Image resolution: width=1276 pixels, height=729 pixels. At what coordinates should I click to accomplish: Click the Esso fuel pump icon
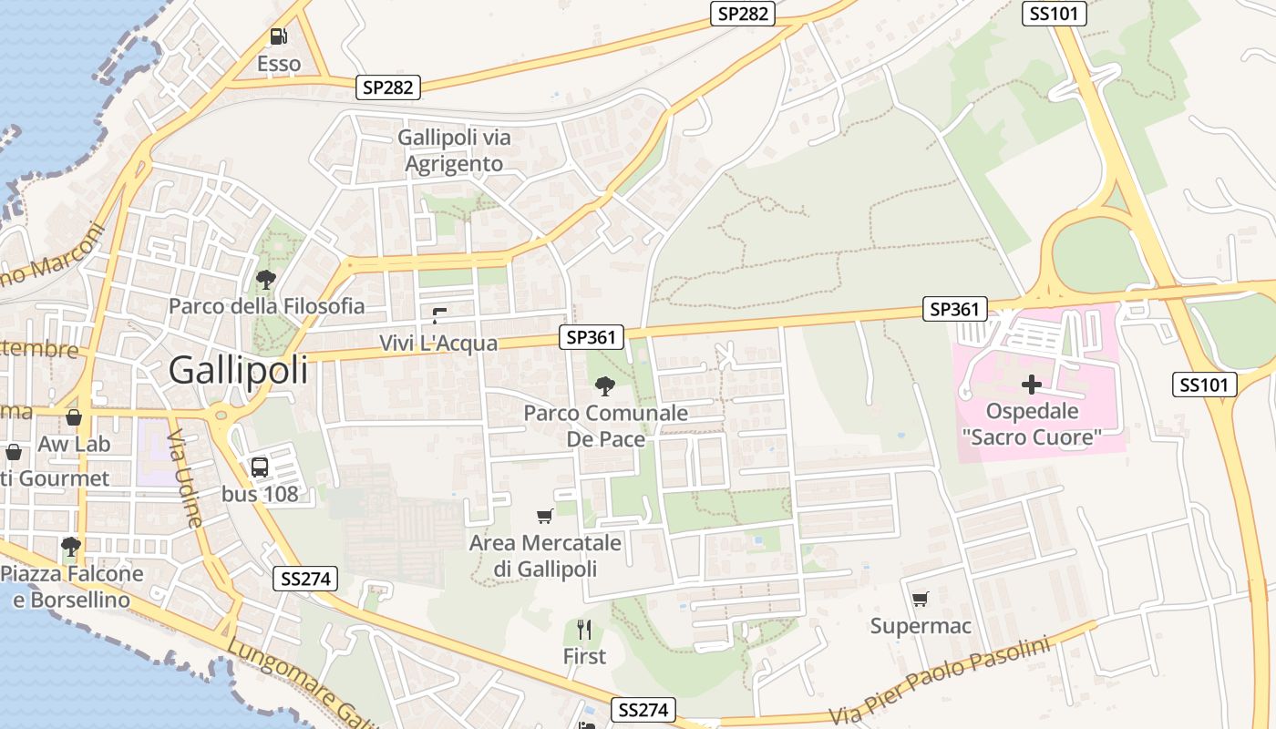(x=278, y=36)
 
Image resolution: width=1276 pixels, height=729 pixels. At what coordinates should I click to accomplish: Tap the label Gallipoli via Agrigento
(x=454, y=151)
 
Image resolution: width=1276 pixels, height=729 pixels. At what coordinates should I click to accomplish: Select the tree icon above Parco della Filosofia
(x=266, y=279)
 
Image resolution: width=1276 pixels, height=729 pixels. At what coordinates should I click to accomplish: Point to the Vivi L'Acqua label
(x=438, y=344)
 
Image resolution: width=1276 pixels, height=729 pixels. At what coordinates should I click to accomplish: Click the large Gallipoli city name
(x=238, y=370)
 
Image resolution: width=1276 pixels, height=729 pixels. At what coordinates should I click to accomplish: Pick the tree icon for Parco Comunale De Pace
(x=604, y=385)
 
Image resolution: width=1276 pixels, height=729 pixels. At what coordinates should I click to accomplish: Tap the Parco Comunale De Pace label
(x=605, y=426)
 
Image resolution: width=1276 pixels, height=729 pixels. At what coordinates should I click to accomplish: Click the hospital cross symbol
(x=1032, y=385)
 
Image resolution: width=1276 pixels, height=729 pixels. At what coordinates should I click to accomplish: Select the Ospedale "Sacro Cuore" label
(x=1032, y=425)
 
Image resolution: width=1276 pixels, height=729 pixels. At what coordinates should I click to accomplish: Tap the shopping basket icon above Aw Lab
(x=74, y=417)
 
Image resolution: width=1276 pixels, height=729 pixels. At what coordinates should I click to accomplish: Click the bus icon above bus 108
(x=260, y=467)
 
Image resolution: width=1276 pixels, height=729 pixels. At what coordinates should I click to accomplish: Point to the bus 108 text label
(x=260, y=495)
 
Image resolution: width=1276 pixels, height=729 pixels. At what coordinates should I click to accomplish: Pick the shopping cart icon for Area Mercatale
(x=545, y=516)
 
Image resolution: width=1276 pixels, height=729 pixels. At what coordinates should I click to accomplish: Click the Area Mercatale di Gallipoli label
(x=545, y=556)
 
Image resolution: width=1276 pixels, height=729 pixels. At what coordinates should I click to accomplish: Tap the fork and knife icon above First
(x=584, y=629)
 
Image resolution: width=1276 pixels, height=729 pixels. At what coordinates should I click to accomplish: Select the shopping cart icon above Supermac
(x=921, y=599)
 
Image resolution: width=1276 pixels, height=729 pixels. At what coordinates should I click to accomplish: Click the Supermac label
(x=921, y=626)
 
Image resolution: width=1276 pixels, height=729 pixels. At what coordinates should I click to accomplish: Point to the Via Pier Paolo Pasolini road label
(x=940, y=682)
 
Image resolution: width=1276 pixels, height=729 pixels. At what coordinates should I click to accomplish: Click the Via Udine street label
(x=185, y=478)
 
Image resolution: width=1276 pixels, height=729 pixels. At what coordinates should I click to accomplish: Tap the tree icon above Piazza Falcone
(x=71, y=547)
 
